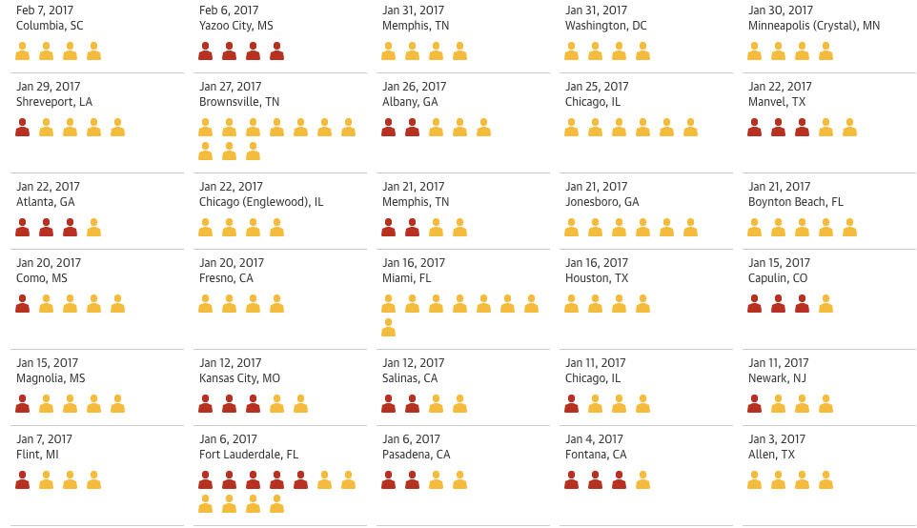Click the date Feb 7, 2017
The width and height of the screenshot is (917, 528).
(45, 10)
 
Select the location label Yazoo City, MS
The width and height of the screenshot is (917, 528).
(235, 26)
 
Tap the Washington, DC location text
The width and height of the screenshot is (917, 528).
(605, 26)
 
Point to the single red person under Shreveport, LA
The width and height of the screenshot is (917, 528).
(23, 128)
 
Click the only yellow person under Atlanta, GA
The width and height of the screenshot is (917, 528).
(93, 228)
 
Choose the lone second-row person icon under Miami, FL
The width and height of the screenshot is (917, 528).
(388, 328)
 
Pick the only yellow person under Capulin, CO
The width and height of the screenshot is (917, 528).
(825, 304)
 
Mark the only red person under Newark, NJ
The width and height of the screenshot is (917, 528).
(755, 404)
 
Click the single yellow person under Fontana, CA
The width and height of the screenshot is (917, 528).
(642, 480)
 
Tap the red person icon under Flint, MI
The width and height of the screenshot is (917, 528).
(23, 480)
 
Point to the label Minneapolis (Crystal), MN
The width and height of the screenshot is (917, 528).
(813, 26)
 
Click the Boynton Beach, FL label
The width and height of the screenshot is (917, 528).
(795, 202)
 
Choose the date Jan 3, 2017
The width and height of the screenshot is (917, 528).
(776, 439)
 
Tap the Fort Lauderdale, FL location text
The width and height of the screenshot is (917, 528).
(248, 455)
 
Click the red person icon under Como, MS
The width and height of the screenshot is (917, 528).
(23, 304)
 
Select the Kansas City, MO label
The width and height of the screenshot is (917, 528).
(239, 378)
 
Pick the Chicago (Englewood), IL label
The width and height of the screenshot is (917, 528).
(260, 202)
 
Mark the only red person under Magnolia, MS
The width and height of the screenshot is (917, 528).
(23, 404)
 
